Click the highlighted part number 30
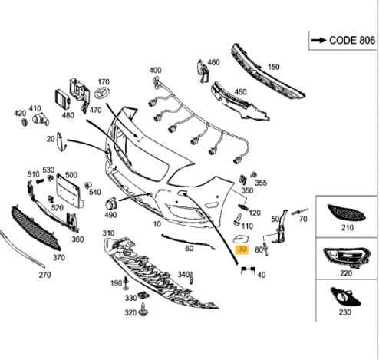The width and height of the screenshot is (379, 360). pos(242,249)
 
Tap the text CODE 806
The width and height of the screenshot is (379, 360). pos(352,41)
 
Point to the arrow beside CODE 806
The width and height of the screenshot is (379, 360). pos(319,40)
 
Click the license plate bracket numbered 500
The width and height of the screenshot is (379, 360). pos(70,190)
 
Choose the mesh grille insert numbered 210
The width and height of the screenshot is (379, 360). pos(346,213)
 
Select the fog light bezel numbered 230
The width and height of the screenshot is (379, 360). pos(345,297)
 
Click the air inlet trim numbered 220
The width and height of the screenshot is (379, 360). pos(347,258)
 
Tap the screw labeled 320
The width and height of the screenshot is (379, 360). pos(143,310)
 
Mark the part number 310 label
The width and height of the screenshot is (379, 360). pos(108,233)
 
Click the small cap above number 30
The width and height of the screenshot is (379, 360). pos(241,239)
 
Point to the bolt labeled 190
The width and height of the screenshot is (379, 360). pos(125,283)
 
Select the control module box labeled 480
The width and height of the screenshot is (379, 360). pos(62,100)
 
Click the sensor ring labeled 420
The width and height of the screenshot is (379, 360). pos(25,122)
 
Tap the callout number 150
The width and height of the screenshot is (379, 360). pos(273,67)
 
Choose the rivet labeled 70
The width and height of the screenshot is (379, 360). pos(299,212)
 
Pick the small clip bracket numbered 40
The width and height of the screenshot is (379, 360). pos(248,269)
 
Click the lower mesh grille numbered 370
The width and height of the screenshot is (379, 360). pos(35,229)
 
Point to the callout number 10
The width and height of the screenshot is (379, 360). pos(157,224)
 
